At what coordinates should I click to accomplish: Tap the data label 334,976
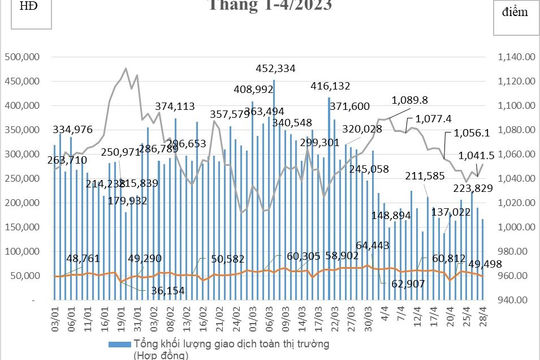pyautogui.click(x=79, y=129)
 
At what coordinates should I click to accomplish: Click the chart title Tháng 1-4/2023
pyautogui.click(x=270, y=6)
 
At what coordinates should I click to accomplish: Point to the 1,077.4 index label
pyautogui.click(x=461, y=118)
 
